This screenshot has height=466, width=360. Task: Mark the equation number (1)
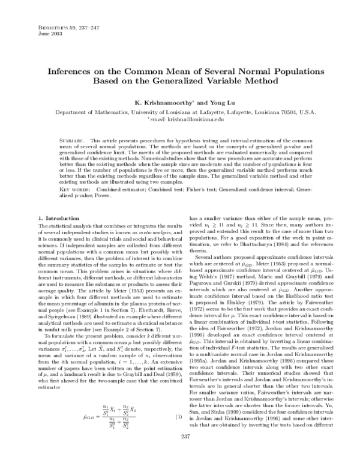click(x=178, y=434)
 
